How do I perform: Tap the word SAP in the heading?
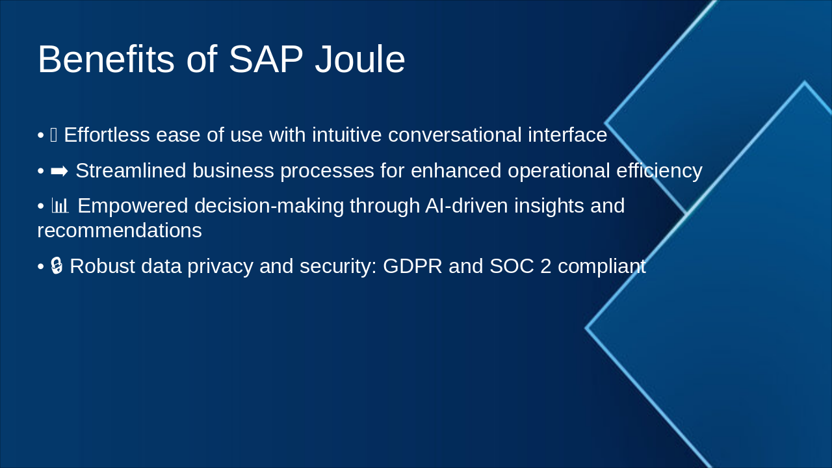click(266, 60)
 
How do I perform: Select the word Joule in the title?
click(360, 60)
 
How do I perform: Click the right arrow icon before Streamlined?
click(59, 171)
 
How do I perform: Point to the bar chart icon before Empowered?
click(60, 206)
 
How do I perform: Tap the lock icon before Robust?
click(57, 266)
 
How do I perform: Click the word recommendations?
click(120, 231)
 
